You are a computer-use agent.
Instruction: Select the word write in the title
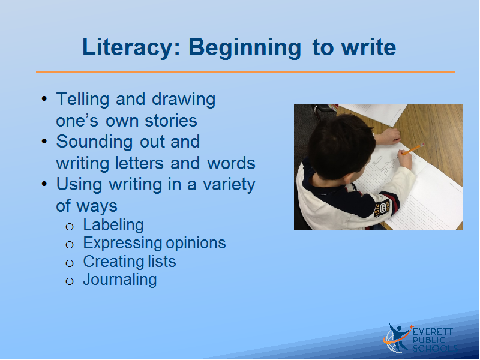tap(368, 47)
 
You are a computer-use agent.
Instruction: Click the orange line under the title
tap(245, 72)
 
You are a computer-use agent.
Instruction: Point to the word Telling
tap(83, 100)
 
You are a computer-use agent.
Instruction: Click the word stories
tap(171, 121)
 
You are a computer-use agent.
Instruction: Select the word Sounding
tap(94, 142)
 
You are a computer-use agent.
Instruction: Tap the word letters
tap(139, 163)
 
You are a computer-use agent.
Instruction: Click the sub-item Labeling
tap(113, 226)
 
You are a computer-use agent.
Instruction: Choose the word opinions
tap(196, 244)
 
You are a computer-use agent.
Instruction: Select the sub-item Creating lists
tap(130, 262)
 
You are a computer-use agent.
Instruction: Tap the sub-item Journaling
tap(120, 280)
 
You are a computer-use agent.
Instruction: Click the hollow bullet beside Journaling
tap(70, 281)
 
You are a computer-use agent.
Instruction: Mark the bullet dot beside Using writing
tap(44, 184)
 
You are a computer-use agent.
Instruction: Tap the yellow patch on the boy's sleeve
tap(382, 208)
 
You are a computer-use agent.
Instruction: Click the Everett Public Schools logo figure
tap(397, 338)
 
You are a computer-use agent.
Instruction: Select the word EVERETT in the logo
tap(433, 332)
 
